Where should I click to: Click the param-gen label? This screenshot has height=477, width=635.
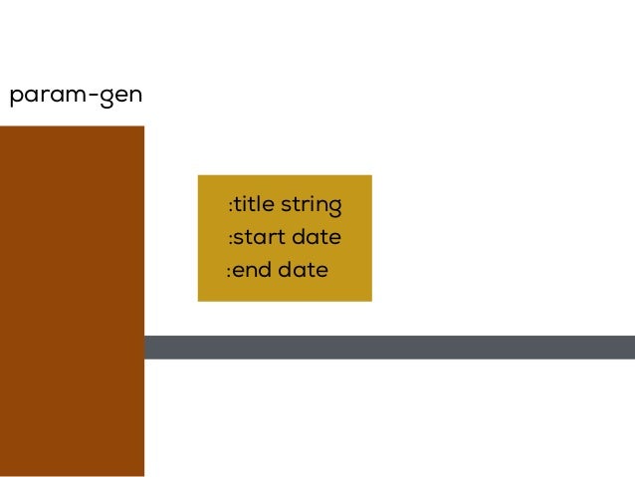(76, 97)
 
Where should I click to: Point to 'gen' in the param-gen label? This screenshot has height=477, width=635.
(120, 98)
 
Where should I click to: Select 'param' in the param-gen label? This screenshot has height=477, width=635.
(45, 98)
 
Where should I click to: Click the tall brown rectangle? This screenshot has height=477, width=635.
(72, 299)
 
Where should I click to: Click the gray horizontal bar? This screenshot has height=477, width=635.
(388, 347)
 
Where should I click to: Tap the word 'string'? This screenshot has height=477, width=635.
(312, 206)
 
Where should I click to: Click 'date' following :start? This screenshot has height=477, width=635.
(316, 238)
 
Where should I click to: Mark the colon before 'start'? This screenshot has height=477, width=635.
(230, 239)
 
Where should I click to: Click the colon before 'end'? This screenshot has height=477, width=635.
(228, 271)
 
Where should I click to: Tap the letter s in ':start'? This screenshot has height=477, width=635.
(239, 239)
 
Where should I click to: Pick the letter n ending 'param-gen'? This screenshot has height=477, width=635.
(135, 97)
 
